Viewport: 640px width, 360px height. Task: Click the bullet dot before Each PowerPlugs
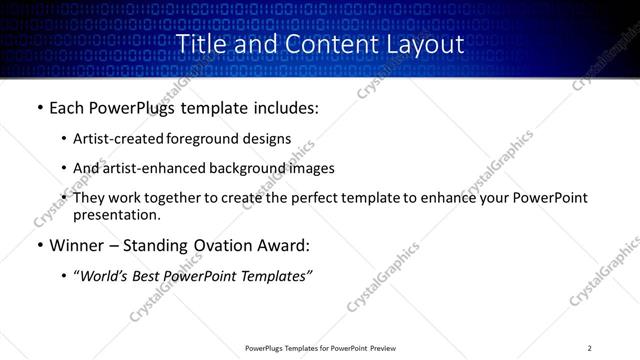tap(39, 108)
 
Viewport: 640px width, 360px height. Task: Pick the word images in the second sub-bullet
tap(313, 168)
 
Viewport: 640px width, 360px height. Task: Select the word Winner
tap(79, 246)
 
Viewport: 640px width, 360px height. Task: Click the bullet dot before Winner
tap(39, 246)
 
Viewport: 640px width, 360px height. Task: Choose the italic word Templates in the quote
tap(273, 277)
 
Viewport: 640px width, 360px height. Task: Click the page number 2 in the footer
tap(590, 348)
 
